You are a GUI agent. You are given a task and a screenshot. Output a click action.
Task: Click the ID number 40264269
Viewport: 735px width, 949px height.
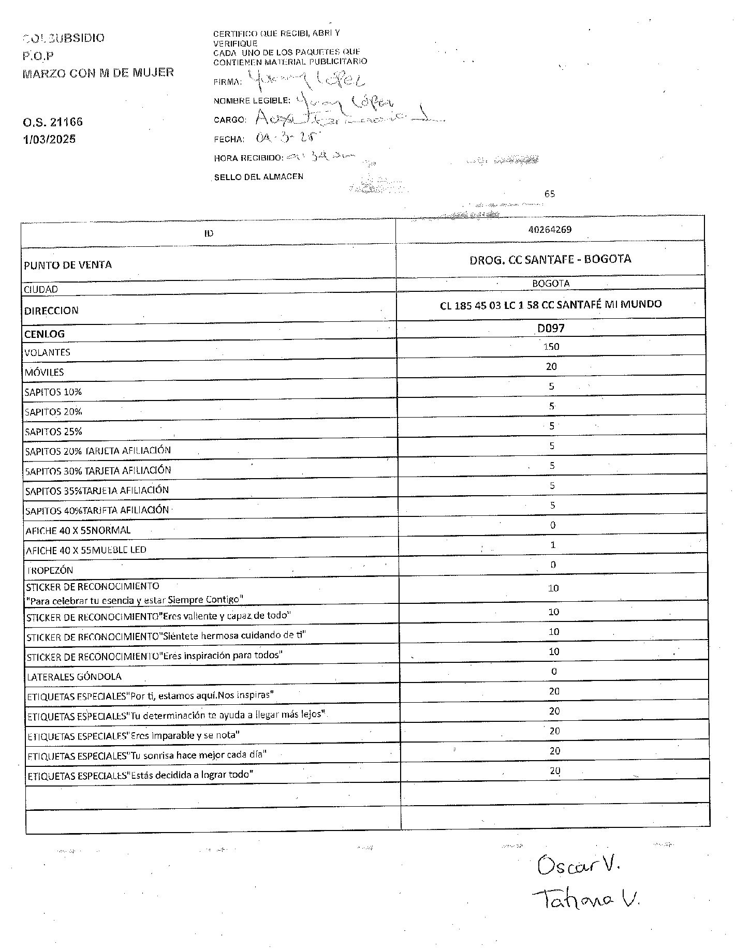(x=550, y=229)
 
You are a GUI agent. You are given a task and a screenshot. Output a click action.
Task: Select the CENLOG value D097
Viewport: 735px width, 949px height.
(x=551, y=328)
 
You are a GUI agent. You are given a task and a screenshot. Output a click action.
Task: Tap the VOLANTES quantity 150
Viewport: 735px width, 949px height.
(x=551, y=347)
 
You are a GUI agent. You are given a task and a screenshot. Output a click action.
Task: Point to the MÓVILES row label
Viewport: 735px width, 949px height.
(x=44, y=372)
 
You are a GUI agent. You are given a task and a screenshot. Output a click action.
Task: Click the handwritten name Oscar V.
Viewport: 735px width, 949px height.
(x=579, y=865)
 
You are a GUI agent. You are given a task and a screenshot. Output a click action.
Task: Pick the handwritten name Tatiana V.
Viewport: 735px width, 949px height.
(x=585, y=901)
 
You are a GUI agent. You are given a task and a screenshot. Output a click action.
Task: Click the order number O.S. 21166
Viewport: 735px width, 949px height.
(x=53, y=122)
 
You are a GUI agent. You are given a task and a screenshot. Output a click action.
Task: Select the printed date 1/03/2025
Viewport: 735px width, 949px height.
(x=49, y=139)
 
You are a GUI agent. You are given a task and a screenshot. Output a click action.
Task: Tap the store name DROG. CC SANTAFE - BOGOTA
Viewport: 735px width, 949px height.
(x=550, y=259)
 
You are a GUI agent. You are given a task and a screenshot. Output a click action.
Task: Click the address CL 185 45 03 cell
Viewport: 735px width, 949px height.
(x=551, y=305)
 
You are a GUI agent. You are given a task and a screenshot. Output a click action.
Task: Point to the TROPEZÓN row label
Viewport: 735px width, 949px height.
(x=50, y=570)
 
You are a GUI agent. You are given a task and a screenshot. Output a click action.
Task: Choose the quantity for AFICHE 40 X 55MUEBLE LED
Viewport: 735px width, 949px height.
(x=553, y=544)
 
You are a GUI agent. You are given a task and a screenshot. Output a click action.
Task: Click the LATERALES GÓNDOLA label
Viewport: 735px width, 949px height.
(x=74, y=676)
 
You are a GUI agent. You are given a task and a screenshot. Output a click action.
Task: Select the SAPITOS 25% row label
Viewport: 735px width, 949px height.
(x=53, y=432)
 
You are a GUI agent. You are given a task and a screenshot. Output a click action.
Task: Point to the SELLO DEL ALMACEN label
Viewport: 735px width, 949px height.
(x=259, y=177)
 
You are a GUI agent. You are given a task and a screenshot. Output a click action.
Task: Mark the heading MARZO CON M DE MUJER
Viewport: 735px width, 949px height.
(x=98, y=72)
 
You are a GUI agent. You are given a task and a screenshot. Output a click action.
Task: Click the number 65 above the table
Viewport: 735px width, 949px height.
(x=550, y=194)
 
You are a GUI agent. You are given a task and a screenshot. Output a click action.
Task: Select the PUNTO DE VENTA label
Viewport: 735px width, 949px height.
(x=68, y=265)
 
